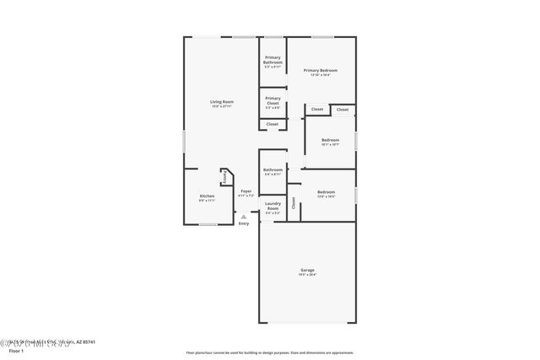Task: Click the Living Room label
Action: (x=222, y=102)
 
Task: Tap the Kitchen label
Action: (x=207, y=196)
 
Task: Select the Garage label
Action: (x=306, y=270)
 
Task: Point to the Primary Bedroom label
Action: (x=321, y=70)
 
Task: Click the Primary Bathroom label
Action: (x=273, y=60)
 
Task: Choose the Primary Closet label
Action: (x=273, y=99)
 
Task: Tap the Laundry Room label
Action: (x=273, y=205)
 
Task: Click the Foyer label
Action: (x=246, y=191)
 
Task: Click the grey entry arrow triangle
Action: (x=244, y=217)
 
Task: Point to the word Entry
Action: (x=244, y=223)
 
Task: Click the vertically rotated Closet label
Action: (x=294, y=202)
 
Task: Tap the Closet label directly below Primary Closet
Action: (x=273, y=124)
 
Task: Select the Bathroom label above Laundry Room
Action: (x=273, y=169)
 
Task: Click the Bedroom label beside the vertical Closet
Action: (x=326, y=192)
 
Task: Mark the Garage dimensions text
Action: (x=306, y=275)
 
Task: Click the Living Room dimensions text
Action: (x=222, y=107)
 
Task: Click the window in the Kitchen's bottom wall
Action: (x=208, y=225)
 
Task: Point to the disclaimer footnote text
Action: (x=270, y=352)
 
